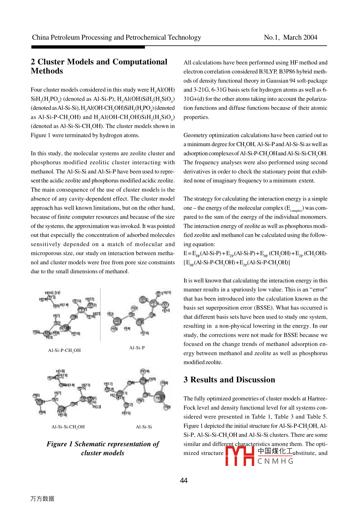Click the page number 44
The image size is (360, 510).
pos(184,480)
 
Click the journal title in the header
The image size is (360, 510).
pos(116,37)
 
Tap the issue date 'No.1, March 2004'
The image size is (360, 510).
pos(290,37)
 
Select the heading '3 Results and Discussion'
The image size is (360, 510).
pos(229,380)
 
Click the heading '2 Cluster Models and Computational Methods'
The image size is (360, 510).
pos(99,66)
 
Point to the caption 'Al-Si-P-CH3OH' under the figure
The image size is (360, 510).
pos(64,350)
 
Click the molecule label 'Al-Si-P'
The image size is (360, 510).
pos(137,348)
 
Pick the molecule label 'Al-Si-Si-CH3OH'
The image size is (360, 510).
pos(68,427)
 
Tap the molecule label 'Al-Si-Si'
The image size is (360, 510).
pos(144,427)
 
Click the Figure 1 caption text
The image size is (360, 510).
pos(103,448)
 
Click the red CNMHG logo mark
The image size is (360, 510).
pos(240,456)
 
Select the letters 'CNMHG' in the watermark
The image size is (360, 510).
pos(275,461)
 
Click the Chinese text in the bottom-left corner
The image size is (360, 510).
pos(42,499)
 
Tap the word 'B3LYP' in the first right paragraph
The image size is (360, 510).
pos(268,72)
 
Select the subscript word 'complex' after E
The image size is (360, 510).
pos(296,211)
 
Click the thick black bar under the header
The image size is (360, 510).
pos(88,47)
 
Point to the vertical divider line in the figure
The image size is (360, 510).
pos(100,315)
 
